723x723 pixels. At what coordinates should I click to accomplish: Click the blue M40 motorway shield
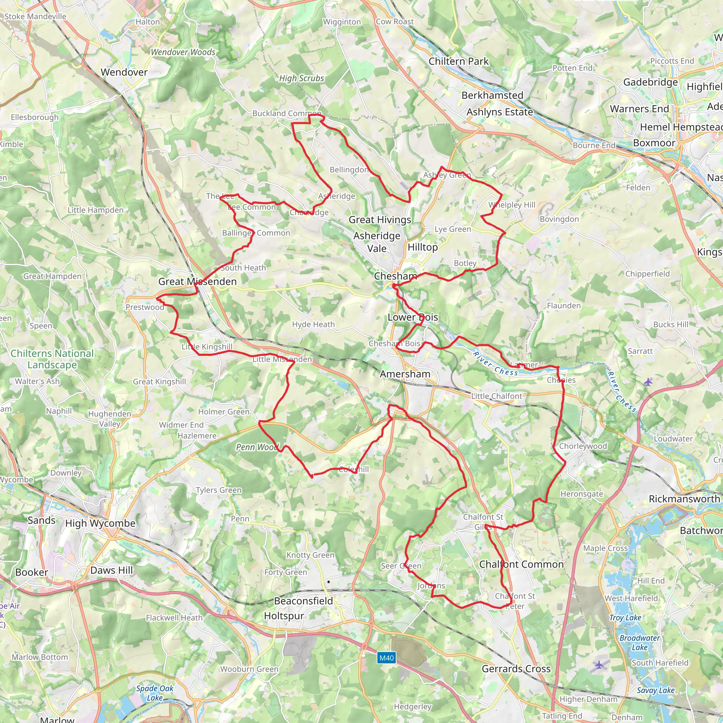point(386,658)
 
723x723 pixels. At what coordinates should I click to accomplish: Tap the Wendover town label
point(124,72)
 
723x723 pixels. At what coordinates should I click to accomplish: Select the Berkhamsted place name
point(492,95)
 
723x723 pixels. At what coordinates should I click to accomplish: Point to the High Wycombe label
point(100,523)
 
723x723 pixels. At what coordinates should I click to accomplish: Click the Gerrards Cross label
point(516,669)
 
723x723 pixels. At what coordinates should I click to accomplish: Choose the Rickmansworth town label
point(684,499)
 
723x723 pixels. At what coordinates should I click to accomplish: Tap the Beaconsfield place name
point(304,601)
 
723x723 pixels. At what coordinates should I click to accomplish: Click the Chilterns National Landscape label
point(52,359)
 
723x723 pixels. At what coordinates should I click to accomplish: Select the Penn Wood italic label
point(257,447)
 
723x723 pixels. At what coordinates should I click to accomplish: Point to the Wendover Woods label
point(183,52)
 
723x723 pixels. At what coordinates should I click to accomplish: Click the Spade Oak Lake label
point(155,693)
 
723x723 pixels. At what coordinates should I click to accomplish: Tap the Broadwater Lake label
point(640,643)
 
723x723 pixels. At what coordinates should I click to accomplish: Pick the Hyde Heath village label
point(313,324)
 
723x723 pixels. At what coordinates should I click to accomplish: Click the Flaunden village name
point(563,306)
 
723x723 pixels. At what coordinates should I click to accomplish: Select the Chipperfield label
point(647,274)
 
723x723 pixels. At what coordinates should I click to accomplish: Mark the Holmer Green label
point(223,412)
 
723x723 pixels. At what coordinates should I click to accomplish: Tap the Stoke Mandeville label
point(35,17)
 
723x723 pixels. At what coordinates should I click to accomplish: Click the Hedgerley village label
point(412,706)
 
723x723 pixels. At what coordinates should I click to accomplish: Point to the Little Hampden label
point(95,210)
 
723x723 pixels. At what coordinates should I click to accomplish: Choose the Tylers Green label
point(219,490)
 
